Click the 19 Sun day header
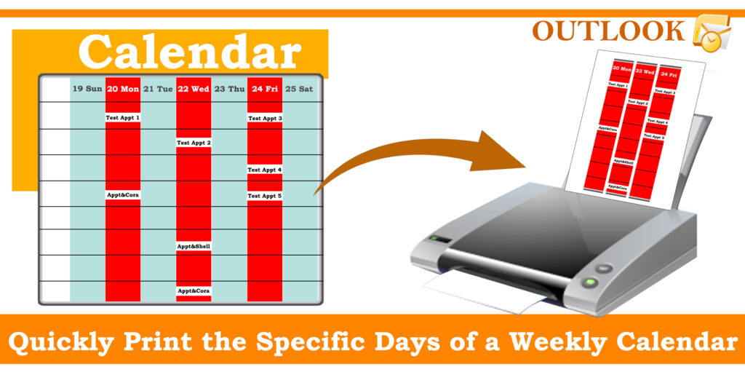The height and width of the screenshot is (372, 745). pos(87,89)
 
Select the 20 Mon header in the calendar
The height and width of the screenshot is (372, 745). pos(122,89)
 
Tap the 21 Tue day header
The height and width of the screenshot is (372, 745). pos(158,89)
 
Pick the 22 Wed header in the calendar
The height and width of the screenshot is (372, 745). pos(193,89)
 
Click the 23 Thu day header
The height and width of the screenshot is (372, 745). pos(229,89)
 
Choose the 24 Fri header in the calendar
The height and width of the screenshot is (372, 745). pos(265,89)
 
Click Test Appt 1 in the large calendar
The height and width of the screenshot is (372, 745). pos(122,117)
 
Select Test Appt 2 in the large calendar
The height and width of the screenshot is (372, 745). pos(194,143)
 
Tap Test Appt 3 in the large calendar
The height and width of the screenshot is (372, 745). pos(265,118)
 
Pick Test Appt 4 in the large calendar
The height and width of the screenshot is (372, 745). pos(265,170)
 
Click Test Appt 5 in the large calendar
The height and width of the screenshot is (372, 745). pos(265,196)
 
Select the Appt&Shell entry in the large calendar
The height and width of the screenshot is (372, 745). pos(194,246)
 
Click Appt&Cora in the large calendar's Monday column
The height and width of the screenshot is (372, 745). pos(122,195)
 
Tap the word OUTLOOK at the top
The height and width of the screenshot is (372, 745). pos(608,31)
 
